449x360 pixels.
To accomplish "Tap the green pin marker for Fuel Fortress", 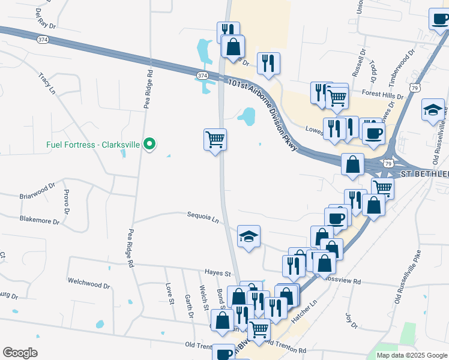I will (x=151, y=144).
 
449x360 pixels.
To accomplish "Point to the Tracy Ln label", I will (x=46, y=84).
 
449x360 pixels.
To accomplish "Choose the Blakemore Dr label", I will (x=40, y=220).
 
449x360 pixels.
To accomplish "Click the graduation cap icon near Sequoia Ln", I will (x=249, y=236).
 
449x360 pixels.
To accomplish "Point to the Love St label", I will (x=169, y=293).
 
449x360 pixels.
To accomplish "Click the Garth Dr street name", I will (x=188, y=305).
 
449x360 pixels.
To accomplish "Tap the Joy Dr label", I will (x=351, y=320).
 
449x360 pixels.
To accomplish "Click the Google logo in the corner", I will (x=20, y=353).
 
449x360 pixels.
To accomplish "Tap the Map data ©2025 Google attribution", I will (x=412, y=355).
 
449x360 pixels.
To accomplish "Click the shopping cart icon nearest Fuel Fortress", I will (x=215, y=140).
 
